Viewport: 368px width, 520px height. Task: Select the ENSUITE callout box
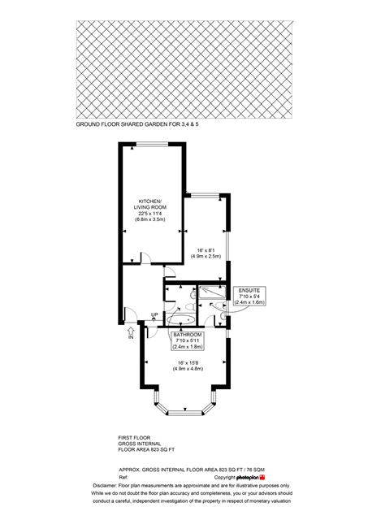249,296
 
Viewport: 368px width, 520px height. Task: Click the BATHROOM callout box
188,340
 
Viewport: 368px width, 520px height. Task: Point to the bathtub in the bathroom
180,319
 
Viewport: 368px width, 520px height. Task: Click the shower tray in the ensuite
212,292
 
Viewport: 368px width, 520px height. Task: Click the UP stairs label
154,314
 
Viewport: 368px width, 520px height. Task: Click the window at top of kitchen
153,144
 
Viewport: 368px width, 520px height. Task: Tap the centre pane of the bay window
184,413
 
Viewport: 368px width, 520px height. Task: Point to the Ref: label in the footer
123,478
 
